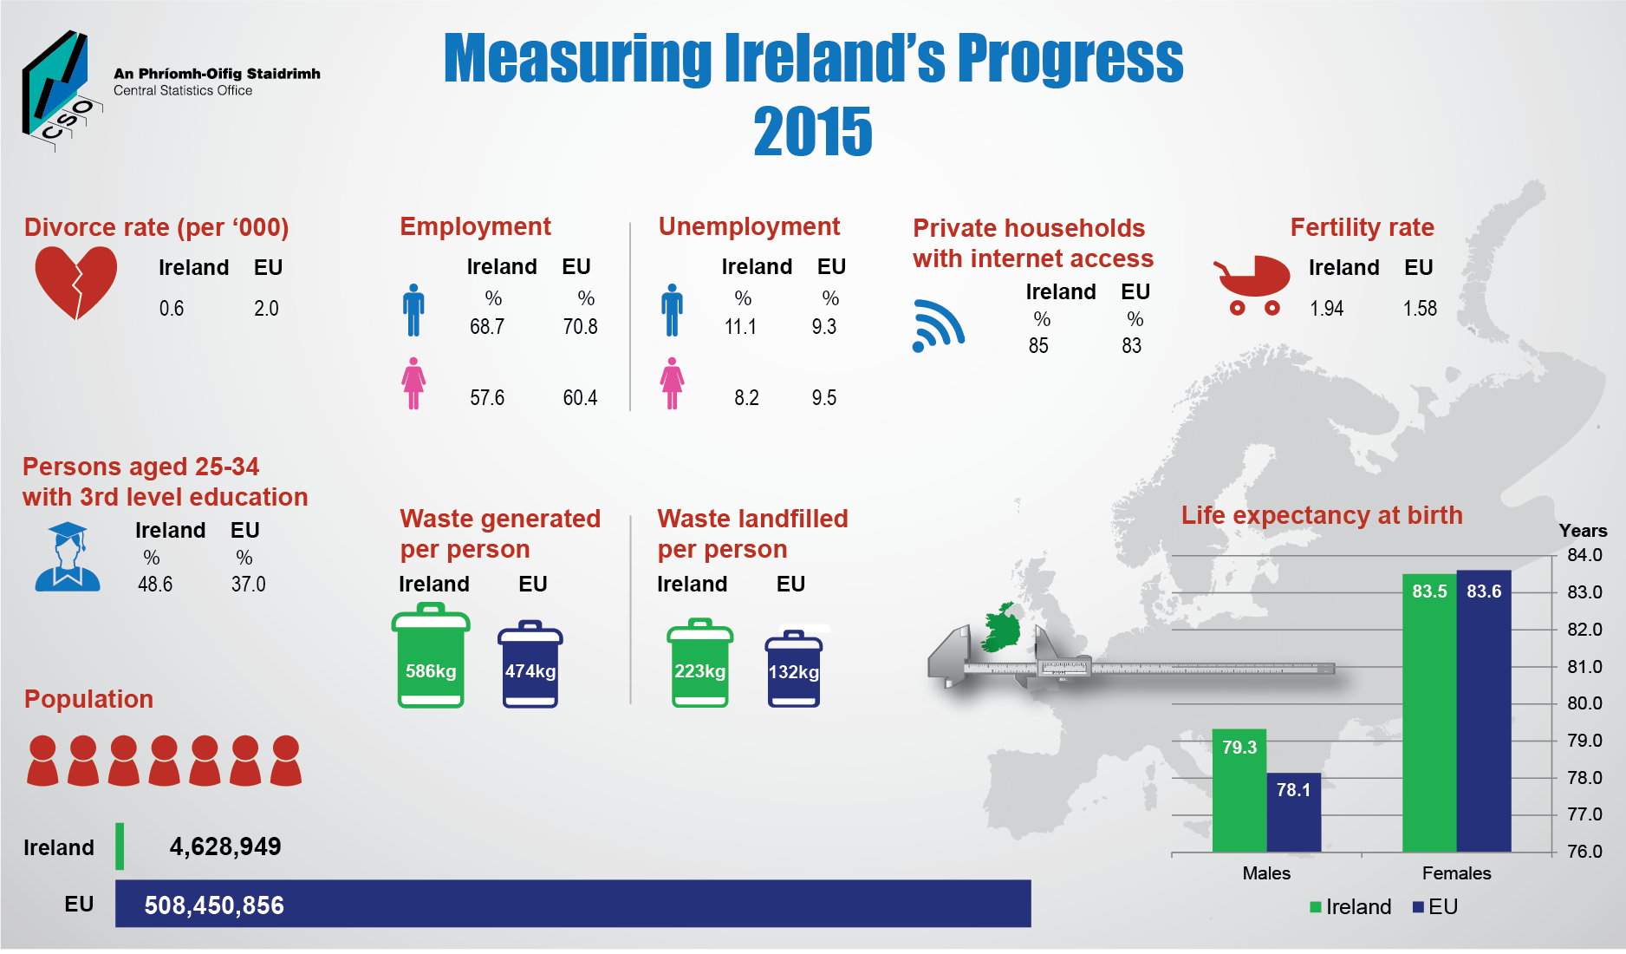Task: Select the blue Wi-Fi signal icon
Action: click(x=938, y=325)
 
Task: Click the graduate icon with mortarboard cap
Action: click(x=68, y=557)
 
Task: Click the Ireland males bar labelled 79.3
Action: click(x=1239, y=789)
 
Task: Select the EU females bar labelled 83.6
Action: click(x=1483, y=711)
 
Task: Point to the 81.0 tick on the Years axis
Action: click(x=1584, y=667)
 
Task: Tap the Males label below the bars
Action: click(x=1265, y=873)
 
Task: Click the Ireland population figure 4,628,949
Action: click(x=225, y=846)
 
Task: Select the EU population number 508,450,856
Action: click(x=214, y=905)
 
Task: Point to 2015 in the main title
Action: click(x=812, y=132)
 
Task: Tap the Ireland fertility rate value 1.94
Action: click(x=1326, y=309)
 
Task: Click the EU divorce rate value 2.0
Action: click(x=266, y=309)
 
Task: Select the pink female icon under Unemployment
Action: click(x=672, y=383)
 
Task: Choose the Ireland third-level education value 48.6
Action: click(x=155, y=585)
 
